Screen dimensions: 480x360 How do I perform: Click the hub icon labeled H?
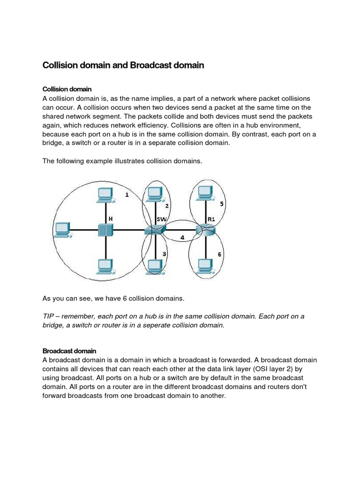106,230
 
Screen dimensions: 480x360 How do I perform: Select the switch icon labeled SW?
155,230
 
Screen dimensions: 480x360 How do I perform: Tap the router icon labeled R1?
205,230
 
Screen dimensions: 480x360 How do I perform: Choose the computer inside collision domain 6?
205,266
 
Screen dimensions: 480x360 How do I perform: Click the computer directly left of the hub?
62,229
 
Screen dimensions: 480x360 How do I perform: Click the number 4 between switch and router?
182,237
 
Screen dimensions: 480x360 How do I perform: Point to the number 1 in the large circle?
127,195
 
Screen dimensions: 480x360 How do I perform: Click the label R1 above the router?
211,218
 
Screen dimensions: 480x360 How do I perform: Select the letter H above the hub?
111,218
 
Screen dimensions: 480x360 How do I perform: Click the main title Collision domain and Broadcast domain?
123,66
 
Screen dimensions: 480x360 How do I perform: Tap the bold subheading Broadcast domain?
69,351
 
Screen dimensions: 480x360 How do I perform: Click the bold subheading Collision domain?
67,89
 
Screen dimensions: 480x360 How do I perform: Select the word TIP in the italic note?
48,316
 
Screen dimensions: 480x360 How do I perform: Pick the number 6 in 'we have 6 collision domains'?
118,299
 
